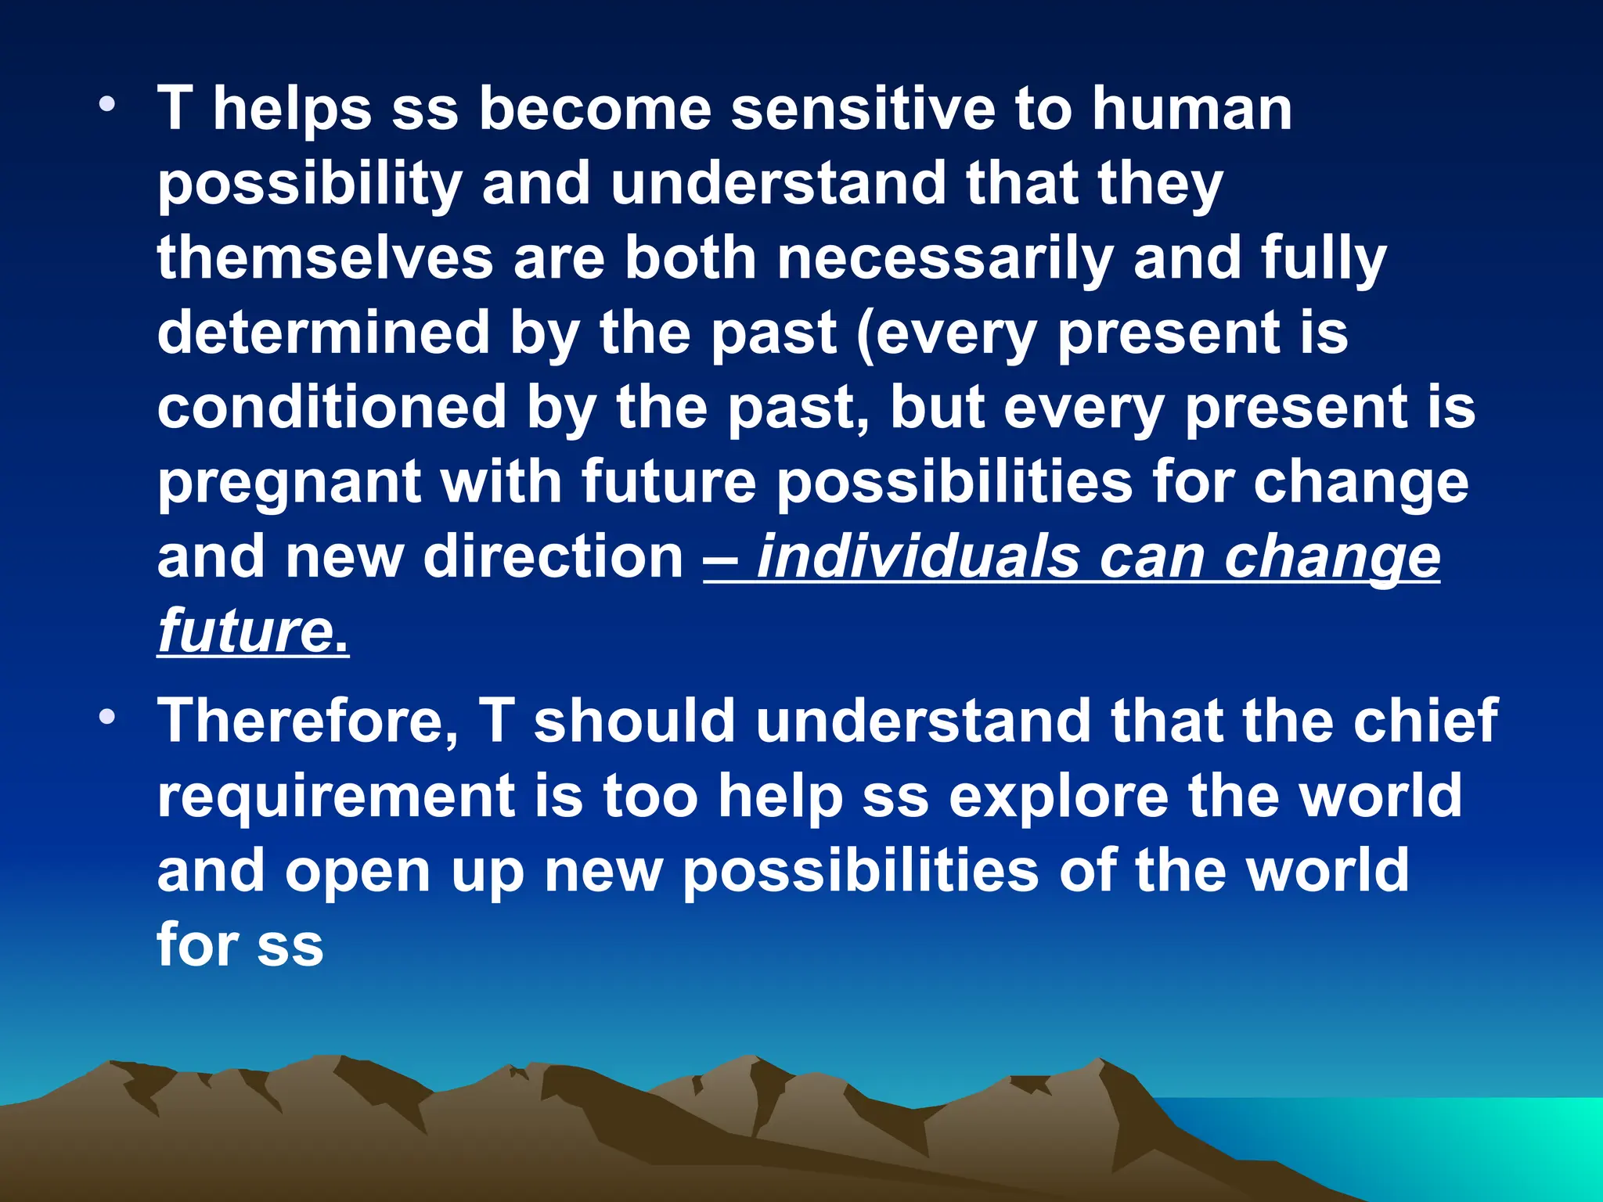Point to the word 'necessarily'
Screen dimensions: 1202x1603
(x=945, y=259)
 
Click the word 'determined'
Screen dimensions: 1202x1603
(x=323, y=332)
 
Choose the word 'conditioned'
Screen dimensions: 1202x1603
(x=332, y=407)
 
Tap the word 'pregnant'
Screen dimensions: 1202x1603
(x=290, y=484)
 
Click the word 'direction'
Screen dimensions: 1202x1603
(x=553, y=556)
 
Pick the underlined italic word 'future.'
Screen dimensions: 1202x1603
(x=253, y=631)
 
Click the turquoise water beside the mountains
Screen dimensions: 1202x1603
(x=1448, y=1143)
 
